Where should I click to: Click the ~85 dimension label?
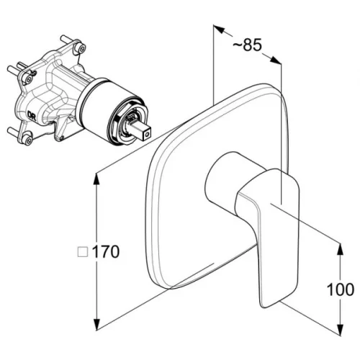click(x=247, y=45)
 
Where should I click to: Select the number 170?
click(x=106, y=251)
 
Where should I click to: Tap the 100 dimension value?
click(x=341, y=289)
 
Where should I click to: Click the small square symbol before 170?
click(x=83, y=252)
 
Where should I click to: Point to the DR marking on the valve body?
click(x=32, y=116)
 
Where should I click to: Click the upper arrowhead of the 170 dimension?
click(x=96, y=179)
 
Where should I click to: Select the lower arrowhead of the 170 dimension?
click(x=96, y=325)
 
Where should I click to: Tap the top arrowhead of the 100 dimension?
click(x=341, y=249)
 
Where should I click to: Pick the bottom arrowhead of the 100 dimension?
click(x=341, y=330)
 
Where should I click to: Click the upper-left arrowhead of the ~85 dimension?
click(x=219, y=30)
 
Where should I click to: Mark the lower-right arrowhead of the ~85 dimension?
click(x=276, y=60)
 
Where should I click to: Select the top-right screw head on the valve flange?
click(x=81, y=48)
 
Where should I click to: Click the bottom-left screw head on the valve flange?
click(x=28, y=139)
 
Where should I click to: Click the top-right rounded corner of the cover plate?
click(x=279, y=92)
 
